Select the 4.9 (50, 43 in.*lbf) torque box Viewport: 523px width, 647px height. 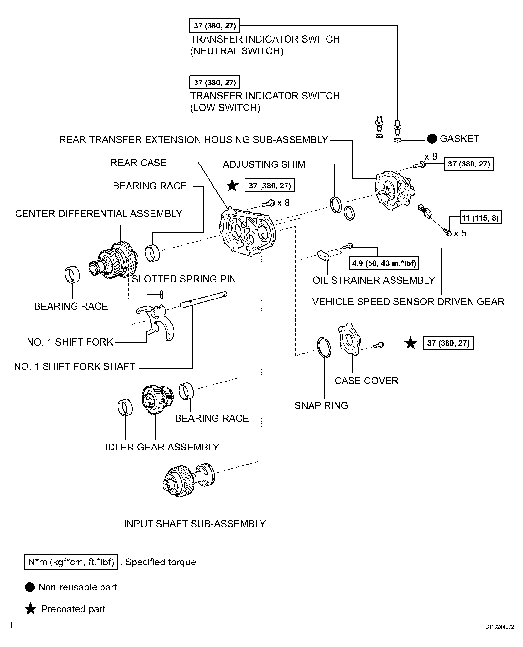pyautogui.click(x=384, y=263)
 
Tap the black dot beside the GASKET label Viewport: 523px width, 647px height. pyautogui.click(x=432, y=139)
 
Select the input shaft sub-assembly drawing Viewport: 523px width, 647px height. pyautogui.click(x=188, y=480)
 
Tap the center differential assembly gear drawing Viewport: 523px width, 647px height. pyautogui.click(x=114, y=259)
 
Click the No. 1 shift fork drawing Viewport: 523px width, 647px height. pyautogui.click(x=155, y=322)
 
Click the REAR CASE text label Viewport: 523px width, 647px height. pyautogui.click(x=138, y=163)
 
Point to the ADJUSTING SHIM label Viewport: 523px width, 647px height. pyautogui.click(x=264, y=164)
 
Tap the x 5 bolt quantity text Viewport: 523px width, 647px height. pyautogui.click(x=460, y=233)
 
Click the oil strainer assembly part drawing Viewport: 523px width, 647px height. pyautogui.click(x=323, y=256)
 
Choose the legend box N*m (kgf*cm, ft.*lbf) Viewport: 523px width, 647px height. pyautogui.click(x=71, y=562)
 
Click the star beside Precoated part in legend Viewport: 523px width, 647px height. pyautogui.click(x=31, y=609)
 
